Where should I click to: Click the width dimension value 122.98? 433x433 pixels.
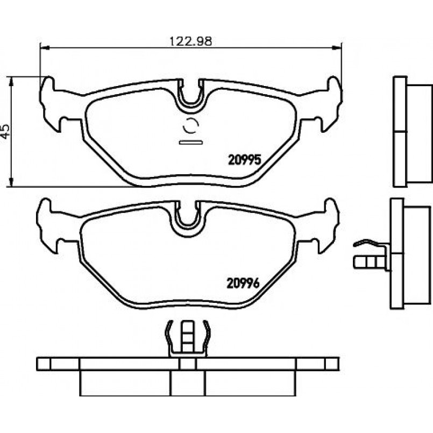coord(190,41)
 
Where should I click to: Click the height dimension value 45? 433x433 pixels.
coord(5,131)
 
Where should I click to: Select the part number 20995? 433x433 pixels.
coord(245,160)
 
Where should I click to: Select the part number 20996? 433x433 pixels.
coord(243,283)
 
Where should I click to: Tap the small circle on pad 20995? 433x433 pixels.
coord(191,126)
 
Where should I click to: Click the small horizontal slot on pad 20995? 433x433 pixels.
coord(191,142)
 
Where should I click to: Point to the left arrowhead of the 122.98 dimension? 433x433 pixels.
coord(45,48)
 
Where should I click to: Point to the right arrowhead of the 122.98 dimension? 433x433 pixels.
coord(337,48)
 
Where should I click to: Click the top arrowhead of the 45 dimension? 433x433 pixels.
coord(11,81)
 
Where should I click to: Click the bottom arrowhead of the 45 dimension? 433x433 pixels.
coord(11,182)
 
